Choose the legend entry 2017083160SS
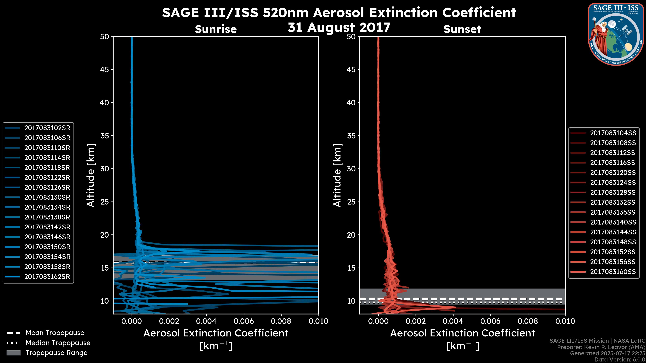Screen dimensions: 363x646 [613, 272]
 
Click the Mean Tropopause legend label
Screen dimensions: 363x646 [55, 333]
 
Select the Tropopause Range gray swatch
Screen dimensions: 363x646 [13, 353]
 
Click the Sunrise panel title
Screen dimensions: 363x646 [216, 29]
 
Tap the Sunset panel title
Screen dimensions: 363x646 [462, 29]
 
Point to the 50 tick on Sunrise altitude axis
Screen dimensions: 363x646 [105, 37]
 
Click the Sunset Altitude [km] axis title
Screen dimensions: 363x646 [337, 175]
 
